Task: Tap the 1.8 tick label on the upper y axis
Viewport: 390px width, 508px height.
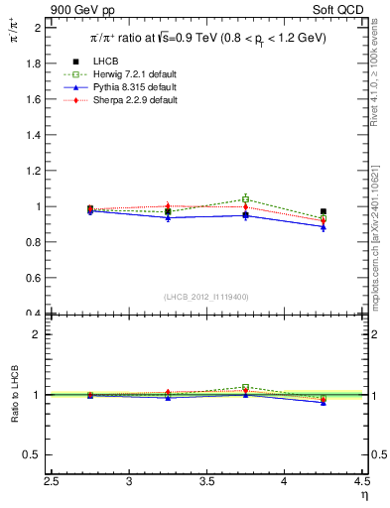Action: pyautogui.click(x=32, y=63)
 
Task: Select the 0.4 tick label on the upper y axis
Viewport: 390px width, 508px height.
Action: pyautogui.click(x=32, y=315)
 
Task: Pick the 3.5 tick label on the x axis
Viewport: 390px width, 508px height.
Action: pyautogui.click(x=207, y=481)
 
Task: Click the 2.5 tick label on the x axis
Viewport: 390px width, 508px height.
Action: pyautogui.click(x=53, y=481)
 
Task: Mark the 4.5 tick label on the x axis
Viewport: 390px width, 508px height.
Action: pyautogui.click(x=361, y=481)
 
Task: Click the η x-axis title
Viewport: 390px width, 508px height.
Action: pyautogui.click(x=363, y=494)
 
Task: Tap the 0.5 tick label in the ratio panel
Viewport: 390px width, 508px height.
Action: pyautogui.click(x=32, y=454)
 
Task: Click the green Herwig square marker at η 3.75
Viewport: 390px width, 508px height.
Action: pyautogui.click(x=246, y=198)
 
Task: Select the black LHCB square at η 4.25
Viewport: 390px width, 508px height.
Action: pyautogui.click(x=324, y=211)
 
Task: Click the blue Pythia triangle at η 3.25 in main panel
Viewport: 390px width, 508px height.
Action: pyautogui.click(x=169, y=217)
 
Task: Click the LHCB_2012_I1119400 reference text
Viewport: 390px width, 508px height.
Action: pyautogui.click(x=207, y=297)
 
